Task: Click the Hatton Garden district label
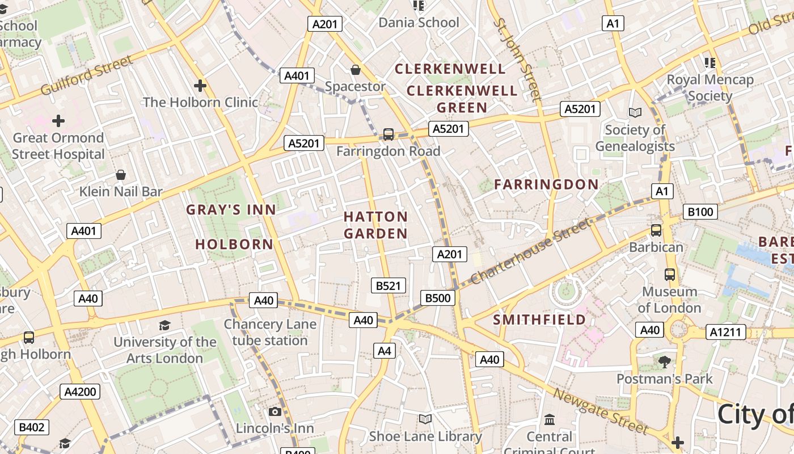click(x=375, y=225)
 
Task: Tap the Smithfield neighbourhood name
click(x=539, y=320)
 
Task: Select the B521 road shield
click(x=388, y=285)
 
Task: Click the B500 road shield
click(x=438, y=298)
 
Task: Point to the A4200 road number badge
click(x=81, y=392)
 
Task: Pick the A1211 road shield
click(x=725, y=332)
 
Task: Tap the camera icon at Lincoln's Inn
click(x=275, y=411)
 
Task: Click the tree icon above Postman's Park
click(x=664, y=361)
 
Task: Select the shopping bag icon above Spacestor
click(x=356, y=70)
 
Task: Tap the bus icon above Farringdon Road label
click(x=388, y=134)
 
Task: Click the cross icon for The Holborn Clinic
click(x=200, y=86)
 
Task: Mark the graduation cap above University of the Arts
click(x=164, y=325)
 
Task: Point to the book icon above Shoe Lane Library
click(x=425, y=419)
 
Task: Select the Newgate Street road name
click(x=601, y=411)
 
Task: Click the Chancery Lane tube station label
click(x=270, y=333)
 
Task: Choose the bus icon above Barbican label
click(x=656, y=230)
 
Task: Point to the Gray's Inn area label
click(x=231, y=209)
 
